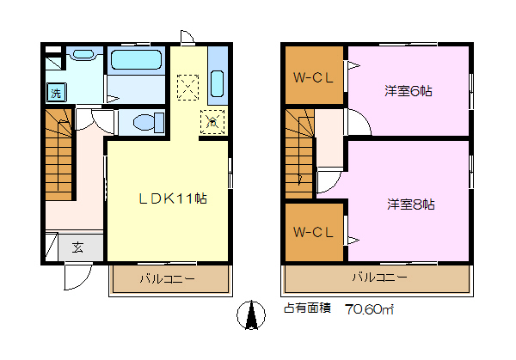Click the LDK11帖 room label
pyautogui.click(x=173, y=198)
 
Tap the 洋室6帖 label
pyautogui.click(x=408, y=91)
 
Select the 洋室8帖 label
pyautogui.click(x=411, y=204)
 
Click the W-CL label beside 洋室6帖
pyautogui.click(x=313, y=77)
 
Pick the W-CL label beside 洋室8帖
pyautogui.click(x=313, y=233)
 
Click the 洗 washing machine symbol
pyautogui.click(x=56, y=93)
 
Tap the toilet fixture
pyautogui.click(x=149, y=122)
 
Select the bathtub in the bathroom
pyautogui.click(x=136, y=60)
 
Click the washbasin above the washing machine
pyautogui.click(x=83, y=54)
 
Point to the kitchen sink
pyautogui.click(x=218, y=83)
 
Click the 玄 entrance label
pyautogui.click(x=78, y=247)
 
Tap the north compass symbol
pyautogui.click(x=251, y=315)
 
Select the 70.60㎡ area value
pyautogui.click(x=369, y=309)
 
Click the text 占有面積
pyautogui.click(x=307, y=308)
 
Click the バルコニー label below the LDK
pyautogui.click(x=167, y=279)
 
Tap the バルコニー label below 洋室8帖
pyautogui.click(x=379, y=278)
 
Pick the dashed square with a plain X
pyautogui.click(x=187, y=87)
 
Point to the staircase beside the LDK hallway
pyautogui.click(x=58, y=155)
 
